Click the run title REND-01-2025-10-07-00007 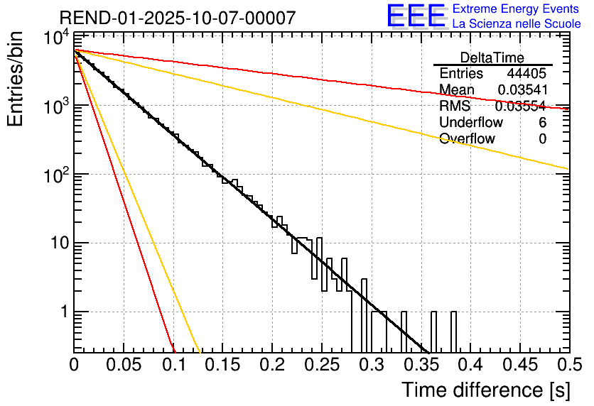point(178,18)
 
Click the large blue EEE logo point(416,16)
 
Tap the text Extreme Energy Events point(517,9)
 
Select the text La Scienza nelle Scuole point(517,24)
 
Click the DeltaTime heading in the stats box point(492,57)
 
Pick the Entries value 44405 point(526,74)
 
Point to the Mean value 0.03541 point(522,90)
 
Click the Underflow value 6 point(542,123)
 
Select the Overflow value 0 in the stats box point(542,139)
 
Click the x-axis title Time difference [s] point(485,390)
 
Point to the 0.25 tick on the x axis point(322,366)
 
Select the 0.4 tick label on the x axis point(470,366)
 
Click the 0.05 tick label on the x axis point(124,366)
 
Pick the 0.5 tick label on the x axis point(568,366)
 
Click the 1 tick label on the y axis point(62,312)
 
